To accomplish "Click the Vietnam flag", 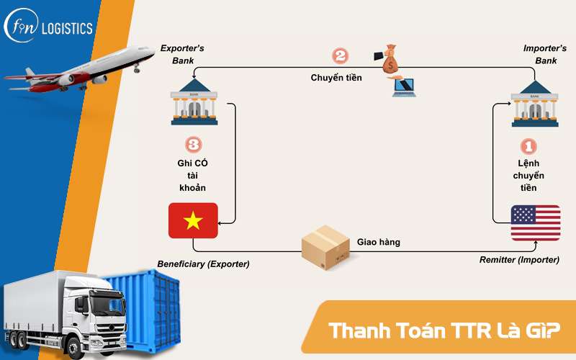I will click(x=193, y=220).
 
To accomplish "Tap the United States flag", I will click(x=535, y=222).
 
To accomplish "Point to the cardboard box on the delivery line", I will click(x=325, y=248).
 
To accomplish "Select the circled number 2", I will click(x=340, y=56).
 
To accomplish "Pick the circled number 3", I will click(x=193, y=145).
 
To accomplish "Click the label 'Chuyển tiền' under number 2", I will click(x=336, y=77).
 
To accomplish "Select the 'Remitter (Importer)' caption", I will click(x=519, y=259).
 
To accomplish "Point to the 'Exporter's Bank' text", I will click(x=181, y=54).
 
